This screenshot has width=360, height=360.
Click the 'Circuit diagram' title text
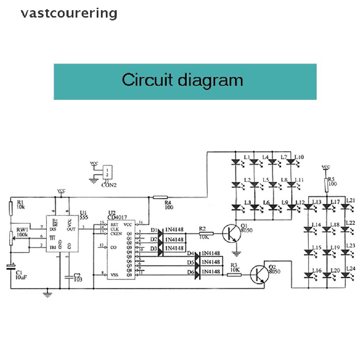[182, 81]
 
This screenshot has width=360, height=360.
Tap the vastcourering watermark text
[69, 14]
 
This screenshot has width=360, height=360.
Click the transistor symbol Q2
[259, 275]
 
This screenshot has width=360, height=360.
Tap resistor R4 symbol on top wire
[160, 198]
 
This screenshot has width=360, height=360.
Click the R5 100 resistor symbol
[326, 185]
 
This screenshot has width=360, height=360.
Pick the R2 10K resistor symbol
[206, 233]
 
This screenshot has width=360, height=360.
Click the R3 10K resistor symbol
[234, 275]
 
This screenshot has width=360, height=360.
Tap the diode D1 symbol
[160, 232]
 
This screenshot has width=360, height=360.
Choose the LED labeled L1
[235, 162]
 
